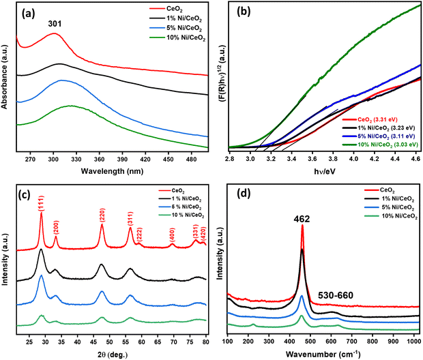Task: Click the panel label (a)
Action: (x=29, y=13)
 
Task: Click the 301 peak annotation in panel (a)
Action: (x=55, y=24)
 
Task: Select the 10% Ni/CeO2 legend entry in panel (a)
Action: (x=177, y=38)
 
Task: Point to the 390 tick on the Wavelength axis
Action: (x=122, y=160)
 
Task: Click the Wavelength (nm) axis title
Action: (x=112, y=171)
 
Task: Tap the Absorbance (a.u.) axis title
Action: (x=4, y=77)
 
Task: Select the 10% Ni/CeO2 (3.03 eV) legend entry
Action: (x=380, y=145)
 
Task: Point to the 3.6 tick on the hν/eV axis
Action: (x=312, y=159)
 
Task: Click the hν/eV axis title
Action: (x=325, y=171)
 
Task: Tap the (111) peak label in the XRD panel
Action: (x=41, y=204)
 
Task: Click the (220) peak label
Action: (x=102, y=215)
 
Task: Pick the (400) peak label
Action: (x=172, y=235)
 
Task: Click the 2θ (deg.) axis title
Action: (x=113, y=355)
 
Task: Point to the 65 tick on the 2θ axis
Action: (x=158, y=342)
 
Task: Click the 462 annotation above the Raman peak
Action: (x=302, y=220)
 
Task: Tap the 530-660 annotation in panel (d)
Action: (x=336, y=295)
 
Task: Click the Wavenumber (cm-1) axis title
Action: (x=323, y=354)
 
